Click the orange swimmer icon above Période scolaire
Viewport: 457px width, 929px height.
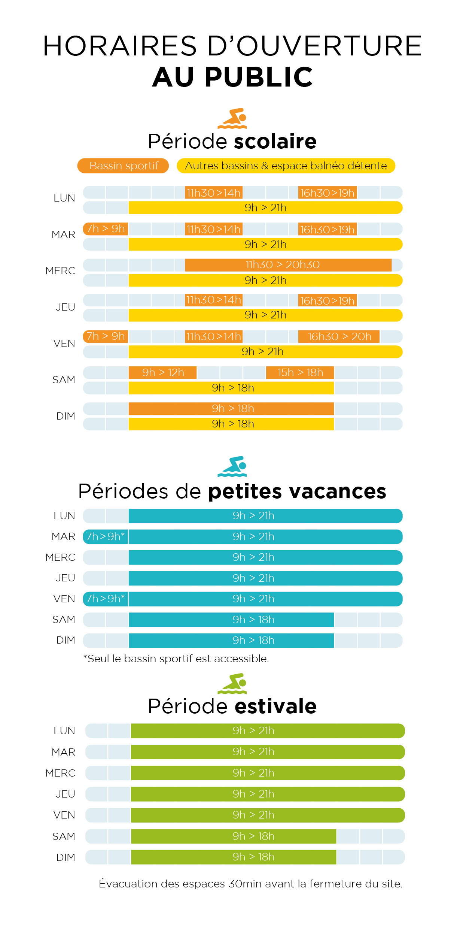(232, 119)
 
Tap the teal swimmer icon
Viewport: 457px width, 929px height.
(232, 466)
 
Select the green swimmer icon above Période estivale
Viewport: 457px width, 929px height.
(232, 684)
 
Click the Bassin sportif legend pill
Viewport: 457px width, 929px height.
(123, 166)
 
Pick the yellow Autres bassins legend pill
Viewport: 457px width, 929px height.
(286, 166)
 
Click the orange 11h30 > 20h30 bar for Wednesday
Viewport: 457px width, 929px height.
(288, 265)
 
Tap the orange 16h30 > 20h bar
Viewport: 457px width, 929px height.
(339, 336)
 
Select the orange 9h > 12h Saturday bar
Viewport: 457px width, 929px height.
(162, 373)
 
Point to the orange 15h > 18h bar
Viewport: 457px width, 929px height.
(300, 373)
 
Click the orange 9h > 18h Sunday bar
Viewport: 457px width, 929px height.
(231, 409)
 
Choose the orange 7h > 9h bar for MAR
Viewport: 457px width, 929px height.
(106, 229)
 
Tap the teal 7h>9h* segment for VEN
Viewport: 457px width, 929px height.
(106, 599)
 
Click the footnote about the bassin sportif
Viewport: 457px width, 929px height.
(176, 659)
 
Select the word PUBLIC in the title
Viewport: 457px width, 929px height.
(259, 77)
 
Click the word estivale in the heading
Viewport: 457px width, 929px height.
(275, 706)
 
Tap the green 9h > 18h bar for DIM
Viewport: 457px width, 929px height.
(234, 857)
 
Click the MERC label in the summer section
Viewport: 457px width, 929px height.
(60, 773)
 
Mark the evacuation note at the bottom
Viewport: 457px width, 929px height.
(251, 884)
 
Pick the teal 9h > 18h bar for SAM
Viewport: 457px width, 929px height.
(231, 620)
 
